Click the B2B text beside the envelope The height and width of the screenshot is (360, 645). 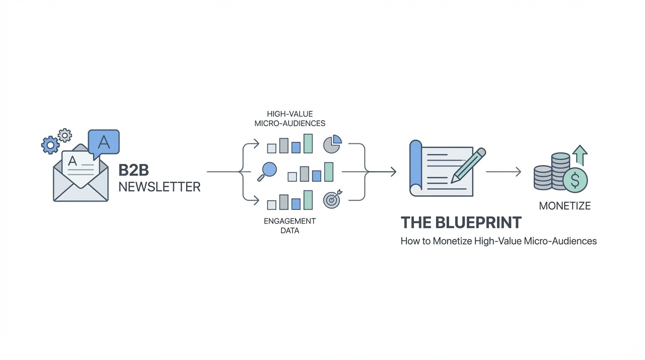tap(134, 170)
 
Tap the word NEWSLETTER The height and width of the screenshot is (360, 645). tap(159, 187)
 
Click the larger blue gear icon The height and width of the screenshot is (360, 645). tap(50, 145)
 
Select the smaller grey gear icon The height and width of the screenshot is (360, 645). tap(65, 135)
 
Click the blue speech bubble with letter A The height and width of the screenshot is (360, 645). tap(104, 142)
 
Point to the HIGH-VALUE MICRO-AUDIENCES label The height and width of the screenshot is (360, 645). tap(290, 119)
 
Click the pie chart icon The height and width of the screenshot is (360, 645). tap(332, 144)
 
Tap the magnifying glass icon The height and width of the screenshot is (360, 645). tap(268, 171)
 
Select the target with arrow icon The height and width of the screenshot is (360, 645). tap(332, 200)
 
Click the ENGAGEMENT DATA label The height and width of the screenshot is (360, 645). tap(290, 225)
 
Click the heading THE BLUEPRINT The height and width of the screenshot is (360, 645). tap(461, 222)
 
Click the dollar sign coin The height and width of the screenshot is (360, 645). tap(575, 180)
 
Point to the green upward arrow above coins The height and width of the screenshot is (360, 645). tap(580, 155)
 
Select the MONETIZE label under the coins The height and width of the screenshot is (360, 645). tap(565, 206)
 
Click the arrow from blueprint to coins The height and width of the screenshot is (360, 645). tap(503, 172)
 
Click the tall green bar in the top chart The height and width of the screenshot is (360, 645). tap(308, 143)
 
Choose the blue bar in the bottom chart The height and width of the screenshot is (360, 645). tap(296, 204)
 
